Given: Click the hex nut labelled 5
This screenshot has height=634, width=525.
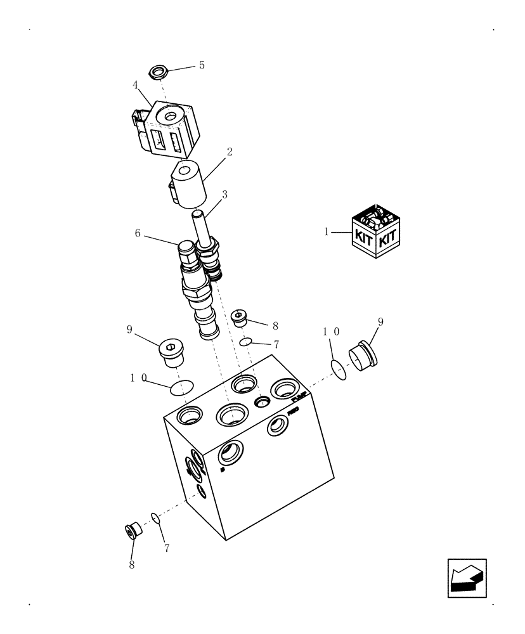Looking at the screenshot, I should click(x=158, y=72).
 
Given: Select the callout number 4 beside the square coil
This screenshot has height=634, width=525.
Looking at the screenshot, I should click(x=135, y=84).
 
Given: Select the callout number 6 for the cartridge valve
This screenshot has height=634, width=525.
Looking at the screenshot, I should click(x=137, y=233).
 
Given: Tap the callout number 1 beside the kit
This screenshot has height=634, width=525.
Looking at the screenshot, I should click(x=327, y=232).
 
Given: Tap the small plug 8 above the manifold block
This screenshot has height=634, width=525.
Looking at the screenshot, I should click(x=240, y=317).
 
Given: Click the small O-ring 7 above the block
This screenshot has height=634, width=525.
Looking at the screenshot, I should click(x=247, y=342).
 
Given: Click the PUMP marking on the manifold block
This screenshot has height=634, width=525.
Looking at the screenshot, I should click(x=299, y=398).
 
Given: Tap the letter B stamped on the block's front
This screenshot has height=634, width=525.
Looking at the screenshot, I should click(x=222, y=470).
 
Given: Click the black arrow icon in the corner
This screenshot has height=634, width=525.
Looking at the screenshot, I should click(x=467, y=578).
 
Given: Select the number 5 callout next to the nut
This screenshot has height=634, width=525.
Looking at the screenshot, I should click(x=202, y=65).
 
